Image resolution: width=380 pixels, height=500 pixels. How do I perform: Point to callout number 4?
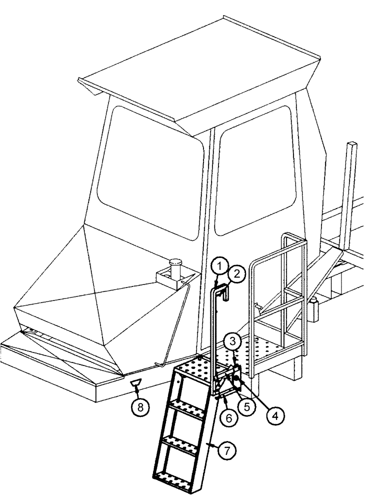272,415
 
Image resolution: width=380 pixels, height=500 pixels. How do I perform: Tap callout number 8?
140,407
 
